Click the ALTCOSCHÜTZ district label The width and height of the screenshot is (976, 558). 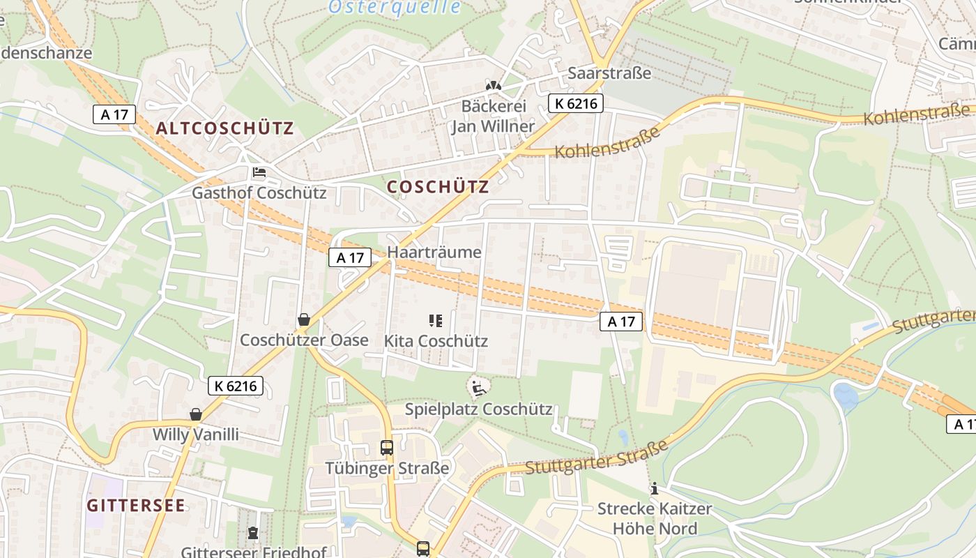pyautogui.click(x=224, y=128)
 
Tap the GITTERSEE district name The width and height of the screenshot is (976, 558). pyautogui.click(x=136, y=506)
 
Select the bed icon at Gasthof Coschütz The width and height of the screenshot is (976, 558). pyautogui.click(x=259, y=172)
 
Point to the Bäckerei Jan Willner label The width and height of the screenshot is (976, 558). pyautogui.click(x=493, y=116)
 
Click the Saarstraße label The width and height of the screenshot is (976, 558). pyautogui.click(x=609, y=73)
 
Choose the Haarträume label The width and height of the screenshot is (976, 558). pyautogui.click(x=434, y=252)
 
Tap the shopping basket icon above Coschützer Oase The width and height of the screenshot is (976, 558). pyautogui.click(x=304, y=320)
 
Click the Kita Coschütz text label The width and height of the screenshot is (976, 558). pyautogui.click(x=436, y=341)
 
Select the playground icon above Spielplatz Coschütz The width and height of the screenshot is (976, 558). pyautogui.click(x=478, y=388)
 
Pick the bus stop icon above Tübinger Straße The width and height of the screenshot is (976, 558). pyautogui.click(x=387, y=448)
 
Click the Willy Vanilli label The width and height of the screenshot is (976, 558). pyautogui.click(x=196, y=435)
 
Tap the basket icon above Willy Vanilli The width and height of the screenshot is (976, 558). pyautogui.click(x=196, y=415)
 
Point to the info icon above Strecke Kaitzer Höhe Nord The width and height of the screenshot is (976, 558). pyautogui.click(x=654, y=489)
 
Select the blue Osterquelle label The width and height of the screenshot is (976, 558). pyautogui.click(x=394, y=7)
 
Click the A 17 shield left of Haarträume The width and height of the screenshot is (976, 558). pyautogui.click(x=350, y=257)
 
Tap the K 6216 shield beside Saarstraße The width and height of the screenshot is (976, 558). pyautogui.click(x=575, y=103)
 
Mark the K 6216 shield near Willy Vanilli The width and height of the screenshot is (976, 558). pyautogui.click(x=235, y=386)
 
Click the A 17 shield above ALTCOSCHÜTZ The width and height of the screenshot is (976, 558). pyautogui.click(x=114, y=114)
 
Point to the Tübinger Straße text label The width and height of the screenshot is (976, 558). pyautogui.click(x=387, y=467)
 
